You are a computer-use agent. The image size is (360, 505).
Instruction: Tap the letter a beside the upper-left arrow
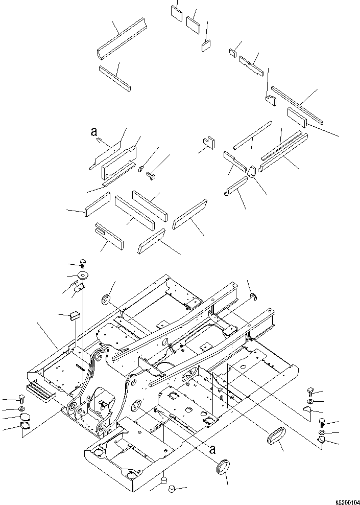(x=93, y=132)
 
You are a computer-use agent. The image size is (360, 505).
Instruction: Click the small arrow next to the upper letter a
(x=103, y=139)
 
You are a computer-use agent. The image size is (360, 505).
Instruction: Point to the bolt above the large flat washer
(x=82, y=263)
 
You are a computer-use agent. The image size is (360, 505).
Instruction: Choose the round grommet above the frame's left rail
(x=107, y=299)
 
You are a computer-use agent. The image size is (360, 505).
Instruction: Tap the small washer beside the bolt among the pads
(x=140, y=168)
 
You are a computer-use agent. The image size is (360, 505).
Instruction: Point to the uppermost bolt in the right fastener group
(x=311, y=392)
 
